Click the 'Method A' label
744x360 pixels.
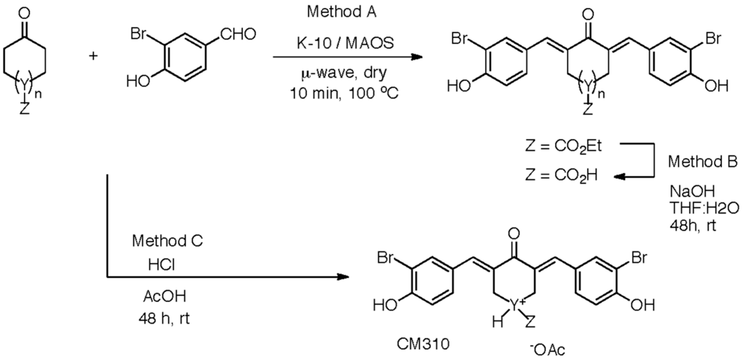[x=342, y=12]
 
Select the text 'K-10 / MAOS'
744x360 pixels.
[x=345, y=43]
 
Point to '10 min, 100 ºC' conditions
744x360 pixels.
[x=344, y=94]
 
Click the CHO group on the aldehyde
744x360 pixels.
[x=238, y=34]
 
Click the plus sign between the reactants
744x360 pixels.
[x=93, y=56]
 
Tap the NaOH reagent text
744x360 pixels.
[x=692, y=191]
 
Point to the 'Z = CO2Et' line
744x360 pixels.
[x=563, y=147]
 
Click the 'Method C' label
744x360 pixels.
[x=168, y=241]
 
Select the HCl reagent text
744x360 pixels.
[x=162, y=264]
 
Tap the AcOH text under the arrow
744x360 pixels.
[x=165, y=296]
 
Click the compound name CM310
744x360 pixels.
[x=423, y=344]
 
